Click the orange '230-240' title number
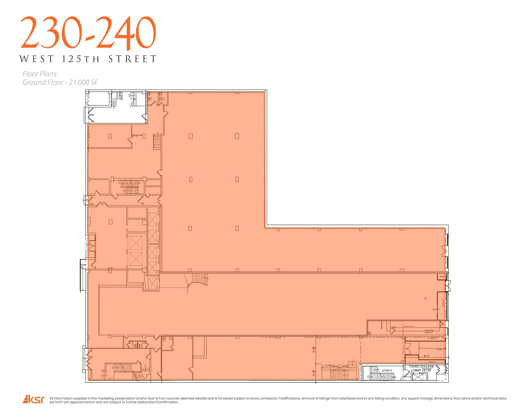coord(88,32)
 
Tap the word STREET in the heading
coord(132,59)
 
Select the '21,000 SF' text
coord(83,83)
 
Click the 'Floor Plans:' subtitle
coord(40,74)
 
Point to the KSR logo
coord(34,399)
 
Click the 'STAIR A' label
coord(387,370)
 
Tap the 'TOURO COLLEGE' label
coord(421,366)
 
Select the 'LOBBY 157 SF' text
coord(421,370)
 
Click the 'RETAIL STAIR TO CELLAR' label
coord(340,368)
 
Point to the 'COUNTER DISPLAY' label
coord(429,331)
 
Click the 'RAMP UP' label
coord(441,349)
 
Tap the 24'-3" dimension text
coord(427,356)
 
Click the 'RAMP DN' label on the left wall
coord(83,266)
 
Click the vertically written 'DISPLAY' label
coord(443,303)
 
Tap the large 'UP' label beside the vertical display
coord(434,309)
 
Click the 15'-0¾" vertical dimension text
coord(314,350)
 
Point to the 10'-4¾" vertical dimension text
coord(314,373)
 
